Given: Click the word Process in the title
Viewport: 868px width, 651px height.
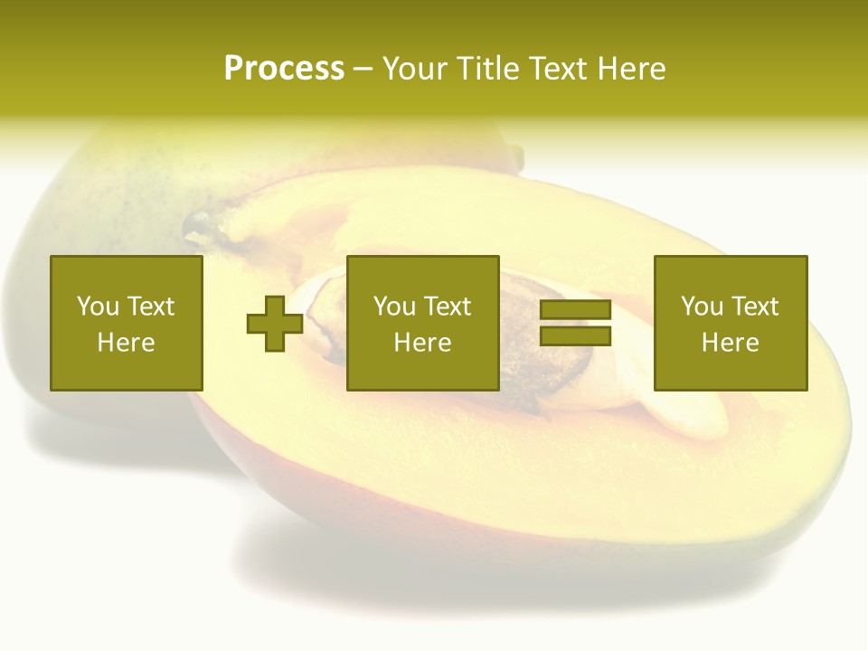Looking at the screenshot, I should coord(284,69).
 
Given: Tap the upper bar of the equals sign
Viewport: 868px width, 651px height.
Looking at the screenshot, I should coord(575,310).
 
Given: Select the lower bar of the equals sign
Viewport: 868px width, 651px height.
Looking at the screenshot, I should coord(575,336).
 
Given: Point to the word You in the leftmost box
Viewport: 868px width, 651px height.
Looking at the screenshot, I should coord(98,307).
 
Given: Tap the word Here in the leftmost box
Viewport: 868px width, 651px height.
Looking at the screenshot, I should coord(126,343).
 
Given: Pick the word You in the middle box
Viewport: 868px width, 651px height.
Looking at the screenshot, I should coord(394,307).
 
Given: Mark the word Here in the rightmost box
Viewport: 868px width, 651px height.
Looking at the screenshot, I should coord(730,343).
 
